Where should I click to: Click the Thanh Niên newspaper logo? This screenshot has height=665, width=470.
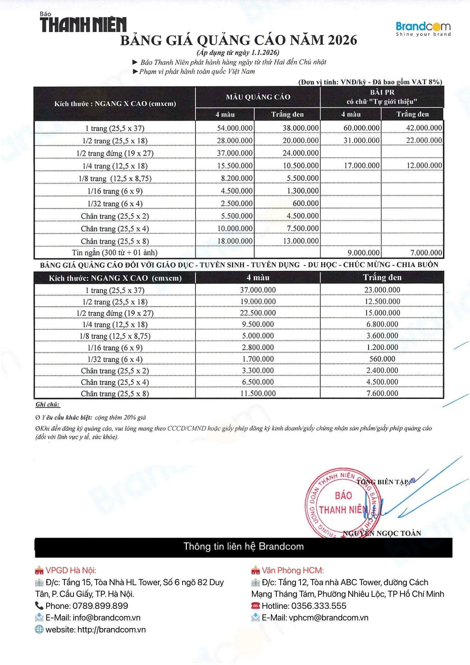[x=83, y=24]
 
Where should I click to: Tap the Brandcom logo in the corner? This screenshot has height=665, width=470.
[x=423, y=28]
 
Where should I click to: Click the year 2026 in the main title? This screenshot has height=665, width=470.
[x=342, y=40]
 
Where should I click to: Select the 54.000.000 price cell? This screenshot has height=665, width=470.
[x=235, y=128]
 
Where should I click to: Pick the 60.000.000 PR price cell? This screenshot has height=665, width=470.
[x=361, y=128]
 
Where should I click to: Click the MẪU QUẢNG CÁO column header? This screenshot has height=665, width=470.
[x=258, y=97]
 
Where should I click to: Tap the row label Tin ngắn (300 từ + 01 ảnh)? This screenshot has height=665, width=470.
[x=115, y=253]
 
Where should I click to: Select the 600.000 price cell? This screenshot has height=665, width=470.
[x=305, y=203]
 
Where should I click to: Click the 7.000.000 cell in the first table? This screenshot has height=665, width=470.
[x=426, y=253]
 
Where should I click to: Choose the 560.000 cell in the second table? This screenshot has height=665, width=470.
[x=382, y=359]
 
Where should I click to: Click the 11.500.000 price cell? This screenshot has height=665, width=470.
[x=258, y=393]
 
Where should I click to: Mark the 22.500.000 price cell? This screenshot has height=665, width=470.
[x=258, y=313]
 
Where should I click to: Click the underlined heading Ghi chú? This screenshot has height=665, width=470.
[x=48, y=404]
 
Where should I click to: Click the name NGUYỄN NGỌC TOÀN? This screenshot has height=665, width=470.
[x=382, y=533]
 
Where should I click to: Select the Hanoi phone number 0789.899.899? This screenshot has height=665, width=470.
[x=100, y=606]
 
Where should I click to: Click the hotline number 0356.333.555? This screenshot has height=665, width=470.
[x=318, y=606]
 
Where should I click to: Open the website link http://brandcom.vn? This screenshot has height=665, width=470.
[x=111, y=629]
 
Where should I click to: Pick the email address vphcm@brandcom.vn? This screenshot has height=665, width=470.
[x=328, y=617]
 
